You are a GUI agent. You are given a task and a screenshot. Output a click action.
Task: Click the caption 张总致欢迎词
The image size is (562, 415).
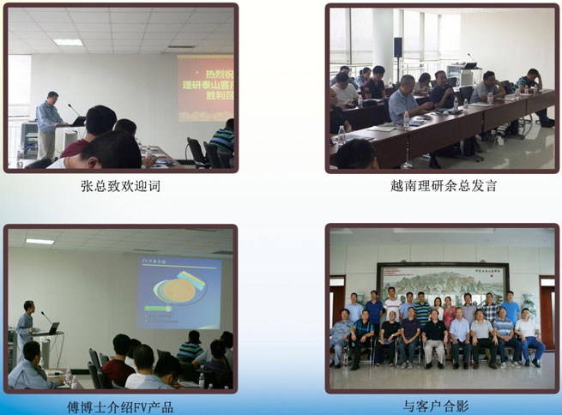click(x=119, y=186)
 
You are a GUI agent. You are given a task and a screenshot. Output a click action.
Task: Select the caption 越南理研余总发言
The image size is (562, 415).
click(x=442, y=186)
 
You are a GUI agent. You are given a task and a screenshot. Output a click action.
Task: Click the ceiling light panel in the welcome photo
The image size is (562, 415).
click(x=68, y=42)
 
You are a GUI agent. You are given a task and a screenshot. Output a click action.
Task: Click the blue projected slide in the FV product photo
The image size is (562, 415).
click(x=178, y=292)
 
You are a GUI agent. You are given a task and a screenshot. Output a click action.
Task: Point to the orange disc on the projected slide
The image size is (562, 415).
click(x=177, y=291)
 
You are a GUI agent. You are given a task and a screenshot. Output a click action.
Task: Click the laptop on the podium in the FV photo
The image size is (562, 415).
click(x=52, y=329)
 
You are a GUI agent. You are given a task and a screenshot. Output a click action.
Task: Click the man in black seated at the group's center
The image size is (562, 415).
click(x=435, y=334)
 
